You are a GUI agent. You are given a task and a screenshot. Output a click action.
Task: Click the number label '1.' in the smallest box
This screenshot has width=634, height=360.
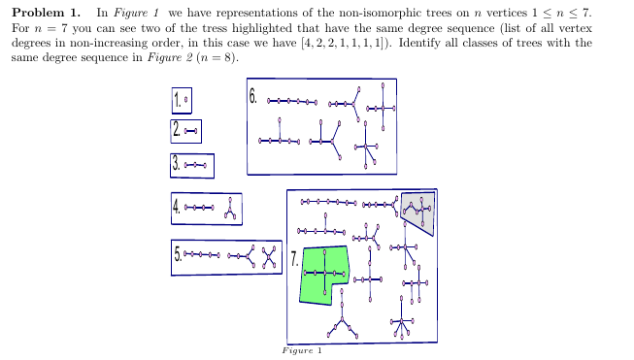pos(178,100)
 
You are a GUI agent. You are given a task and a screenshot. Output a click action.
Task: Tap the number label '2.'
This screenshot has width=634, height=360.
pos(177,129)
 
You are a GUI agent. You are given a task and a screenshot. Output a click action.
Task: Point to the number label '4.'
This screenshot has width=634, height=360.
pos(177,208)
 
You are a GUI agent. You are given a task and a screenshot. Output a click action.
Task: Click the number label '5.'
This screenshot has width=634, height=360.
pos(178,256)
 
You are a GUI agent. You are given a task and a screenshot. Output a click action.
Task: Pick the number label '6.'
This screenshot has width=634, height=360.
pos(253,96)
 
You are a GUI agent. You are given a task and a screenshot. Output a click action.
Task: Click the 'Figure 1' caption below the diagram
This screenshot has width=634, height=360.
pos(301,351)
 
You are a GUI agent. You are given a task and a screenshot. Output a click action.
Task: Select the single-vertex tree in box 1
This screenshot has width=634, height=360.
pos(187,100)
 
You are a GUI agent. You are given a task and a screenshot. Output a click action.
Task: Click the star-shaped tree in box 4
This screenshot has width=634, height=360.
pos(229,208)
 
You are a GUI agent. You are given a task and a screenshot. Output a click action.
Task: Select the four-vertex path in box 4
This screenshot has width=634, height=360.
pos(198,208)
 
